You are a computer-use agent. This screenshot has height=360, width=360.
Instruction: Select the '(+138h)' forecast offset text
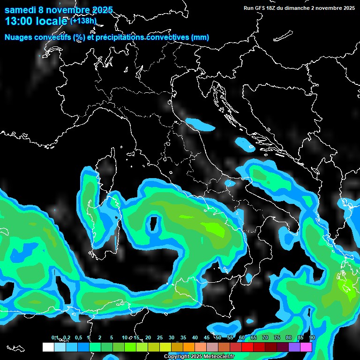pyautogui.click(x=83, y=21)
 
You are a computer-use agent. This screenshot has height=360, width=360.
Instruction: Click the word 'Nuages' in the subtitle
pyautogui.click(x=18, y=37)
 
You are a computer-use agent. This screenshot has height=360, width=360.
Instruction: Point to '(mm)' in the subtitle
pyautogui.click(x=200, y=37)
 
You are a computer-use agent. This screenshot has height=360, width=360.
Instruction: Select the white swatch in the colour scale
pyautogui.click(x=48, y=347)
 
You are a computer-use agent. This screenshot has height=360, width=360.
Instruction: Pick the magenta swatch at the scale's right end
pyautogui.click(x=306, y=347)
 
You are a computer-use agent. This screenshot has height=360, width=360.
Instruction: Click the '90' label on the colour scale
pyautogui.click(x=312, y=337)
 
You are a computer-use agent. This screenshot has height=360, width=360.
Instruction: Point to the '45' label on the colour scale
pyautogui.click(x=207, y=337)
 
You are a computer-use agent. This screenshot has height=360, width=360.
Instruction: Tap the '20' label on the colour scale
pyautogui.click(x=148, y=337)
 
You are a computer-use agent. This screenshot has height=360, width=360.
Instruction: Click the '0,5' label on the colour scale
pyautogui.click(x=78, y=337)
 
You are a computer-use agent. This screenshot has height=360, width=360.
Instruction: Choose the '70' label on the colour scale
pyautogui.click(x=265, y=337)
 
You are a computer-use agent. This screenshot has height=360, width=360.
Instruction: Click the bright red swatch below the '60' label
pyautogui.click(x=247, y=347)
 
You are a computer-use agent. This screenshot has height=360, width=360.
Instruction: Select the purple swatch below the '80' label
pyautogui.click(x=294, y=347)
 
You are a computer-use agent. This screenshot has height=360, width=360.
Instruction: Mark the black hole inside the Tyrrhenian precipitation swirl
pyautogui.click(x=153, y=224)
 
